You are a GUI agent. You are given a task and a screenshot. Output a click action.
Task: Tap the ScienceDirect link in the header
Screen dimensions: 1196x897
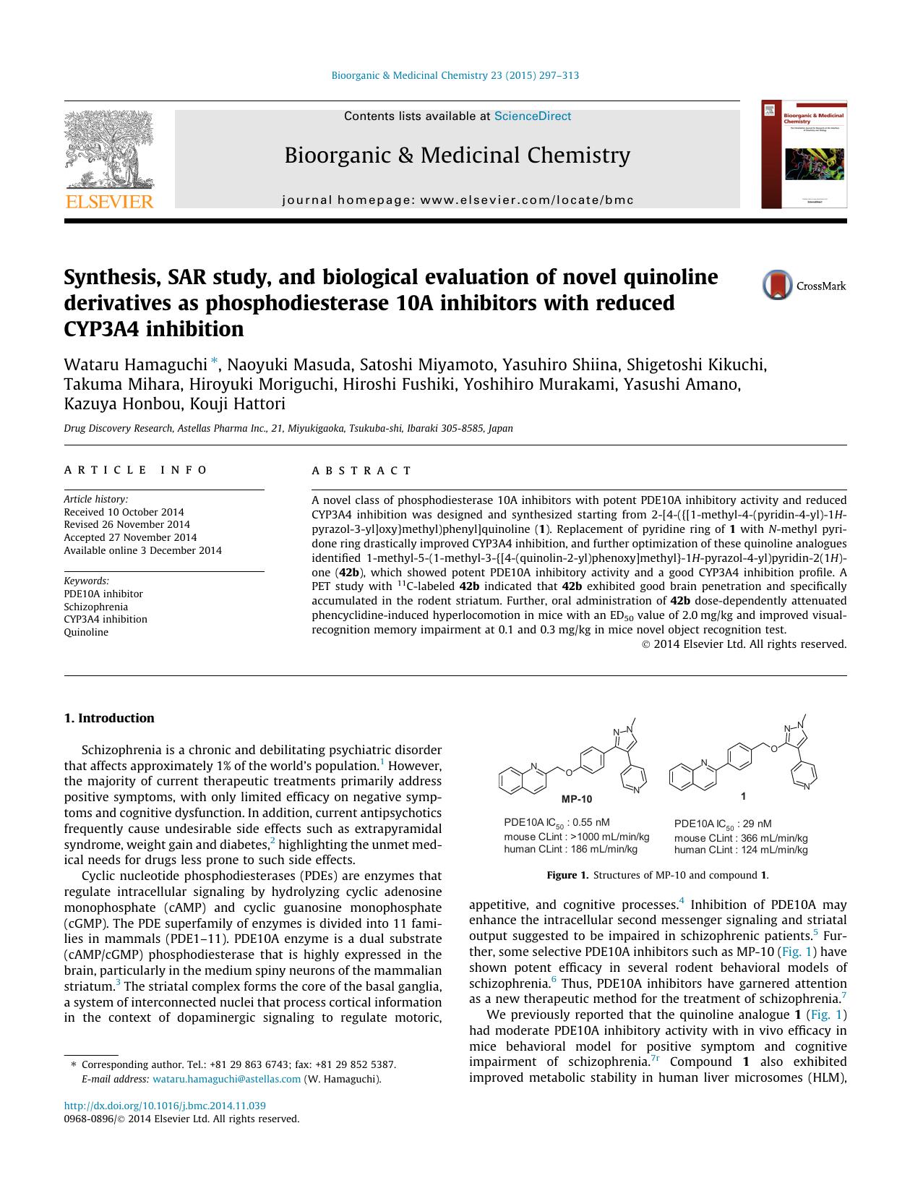pos(532,116)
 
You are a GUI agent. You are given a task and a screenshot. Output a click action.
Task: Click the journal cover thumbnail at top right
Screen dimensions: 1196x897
pos(804,155)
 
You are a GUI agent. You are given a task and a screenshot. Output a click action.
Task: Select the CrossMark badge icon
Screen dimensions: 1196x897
pos(778,286)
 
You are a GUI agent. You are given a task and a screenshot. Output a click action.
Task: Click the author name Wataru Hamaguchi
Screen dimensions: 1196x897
pos(135,364)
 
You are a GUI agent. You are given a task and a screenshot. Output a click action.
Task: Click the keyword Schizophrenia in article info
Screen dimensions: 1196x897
pos(95,607)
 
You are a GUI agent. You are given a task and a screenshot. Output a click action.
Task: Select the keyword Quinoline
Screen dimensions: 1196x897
pos(86,632)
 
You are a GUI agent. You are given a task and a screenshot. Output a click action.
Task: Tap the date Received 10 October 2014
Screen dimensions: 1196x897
pos(124,512)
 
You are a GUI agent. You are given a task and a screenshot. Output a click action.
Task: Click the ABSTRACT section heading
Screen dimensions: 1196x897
pos(361,471)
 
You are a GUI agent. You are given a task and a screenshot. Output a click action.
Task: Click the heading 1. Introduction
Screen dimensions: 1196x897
pos(109,718)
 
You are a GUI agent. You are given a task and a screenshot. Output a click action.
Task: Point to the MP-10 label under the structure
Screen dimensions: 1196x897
pos(576,799)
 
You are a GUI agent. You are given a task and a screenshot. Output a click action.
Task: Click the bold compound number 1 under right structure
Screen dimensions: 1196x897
pos(743,795)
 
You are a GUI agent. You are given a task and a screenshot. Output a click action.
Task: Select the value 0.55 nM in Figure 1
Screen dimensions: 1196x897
pos(591,822)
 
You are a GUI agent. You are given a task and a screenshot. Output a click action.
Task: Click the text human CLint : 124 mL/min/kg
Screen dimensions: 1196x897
pos(741,850)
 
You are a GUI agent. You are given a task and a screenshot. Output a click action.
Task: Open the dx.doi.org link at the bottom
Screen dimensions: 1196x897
pos(165,1106)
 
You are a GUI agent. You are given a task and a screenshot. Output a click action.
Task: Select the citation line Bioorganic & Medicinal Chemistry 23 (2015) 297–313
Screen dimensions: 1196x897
pos(455,75)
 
